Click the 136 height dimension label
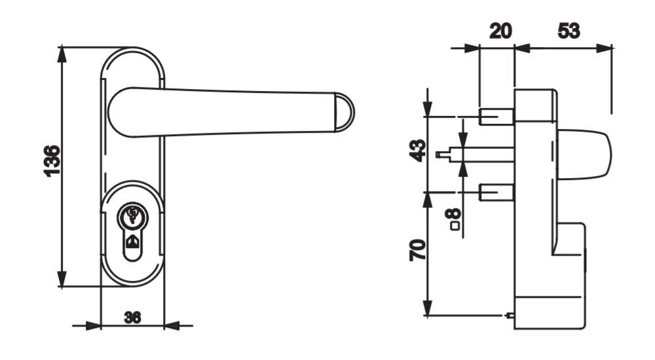pos(52,161)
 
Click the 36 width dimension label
pos(132,318)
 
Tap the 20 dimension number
pos(500,31)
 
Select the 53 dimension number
pos(569,31)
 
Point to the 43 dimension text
pos(418,151)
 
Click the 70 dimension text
pos(418,250)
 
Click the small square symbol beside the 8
pos(455,226)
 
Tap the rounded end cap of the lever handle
pos(345,113)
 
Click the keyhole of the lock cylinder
pos(133,242)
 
